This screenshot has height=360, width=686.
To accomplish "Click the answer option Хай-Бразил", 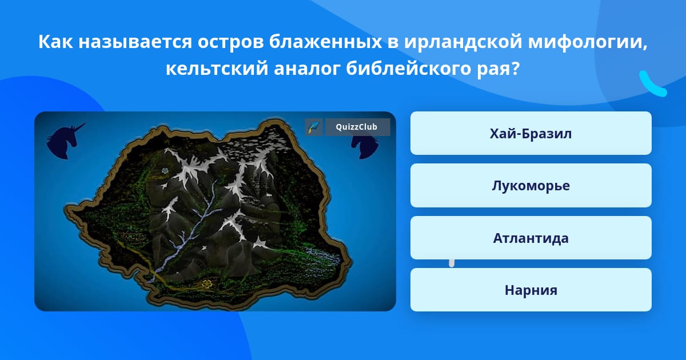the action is pos(531,133).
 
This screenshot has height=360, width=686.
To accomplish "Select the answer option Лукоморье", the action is pos(531,186).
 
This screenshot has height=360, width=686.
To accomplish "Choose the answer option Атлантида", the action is pos(531,238).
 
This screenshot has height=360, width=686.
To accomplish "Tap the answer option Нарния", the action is pos(531,290).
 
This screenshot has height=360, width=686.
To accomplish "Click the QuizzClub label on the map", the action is pos(357,127).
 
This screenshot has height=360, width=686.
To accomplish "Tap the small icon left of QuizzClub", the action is pos(314,127).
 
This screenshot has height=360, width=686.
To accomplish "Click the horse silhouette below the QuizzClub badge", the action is pos(365,147).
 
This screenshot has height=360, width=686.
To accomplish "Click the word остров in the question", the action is pos(230,42).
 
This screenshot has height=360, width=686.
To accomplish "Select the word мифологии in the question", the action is pos(588,42).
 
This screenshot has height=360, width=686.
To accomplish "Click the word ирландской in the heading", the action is pos(462,42).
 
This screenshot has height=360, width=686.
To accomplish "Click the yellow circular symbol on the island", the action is pos(207,284).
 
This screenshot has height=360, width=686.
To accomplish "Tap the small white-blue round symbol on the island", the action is pos(165,170).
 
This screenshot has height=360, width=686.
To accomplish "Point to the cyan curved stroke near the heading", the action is pos(652,85).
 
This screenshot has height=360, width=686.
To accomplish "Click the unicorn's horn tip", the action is pos(85,123).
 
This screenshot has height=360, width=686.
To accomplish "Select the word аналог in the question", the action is pos(307,68).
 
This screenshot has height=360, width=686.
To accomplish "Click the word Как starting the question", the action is pos(55,42).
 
